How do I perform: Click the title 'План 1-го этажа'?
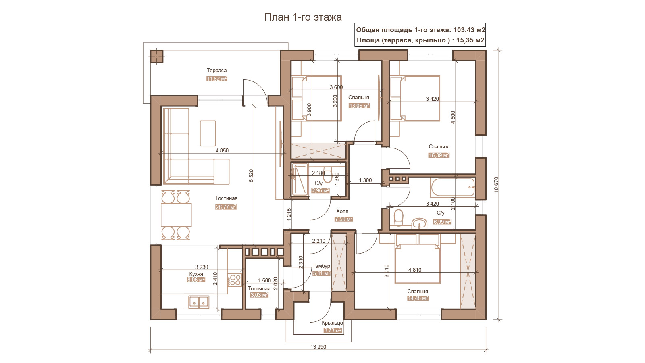303,17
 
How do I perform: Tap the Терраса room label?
216,70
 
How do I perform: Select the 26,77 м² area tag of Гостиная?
226,207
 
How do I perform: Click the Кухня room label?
196,274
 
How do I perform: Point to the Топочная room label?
259,289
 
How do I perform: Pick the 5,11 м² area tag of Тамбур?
321,273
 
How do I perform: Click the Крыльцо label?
333,323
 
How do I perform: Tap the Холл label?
342,211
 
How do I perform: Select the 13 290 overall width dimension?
318,347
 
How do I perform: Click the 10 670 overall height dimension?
496,185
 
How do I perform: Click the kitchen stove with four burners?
235,280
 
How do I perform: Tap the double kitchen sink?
199,302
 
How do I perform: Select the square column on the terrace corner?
157,56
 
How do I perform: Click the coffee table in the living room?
208,134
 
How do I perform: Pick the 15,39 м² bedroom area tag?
439,155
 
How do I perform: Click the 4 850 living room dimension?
222,150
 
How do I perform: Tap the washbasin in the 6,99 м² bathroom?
419,224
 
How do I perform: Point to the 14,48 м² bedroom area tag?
418,298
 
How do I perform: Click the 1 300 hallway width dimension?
365,180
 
